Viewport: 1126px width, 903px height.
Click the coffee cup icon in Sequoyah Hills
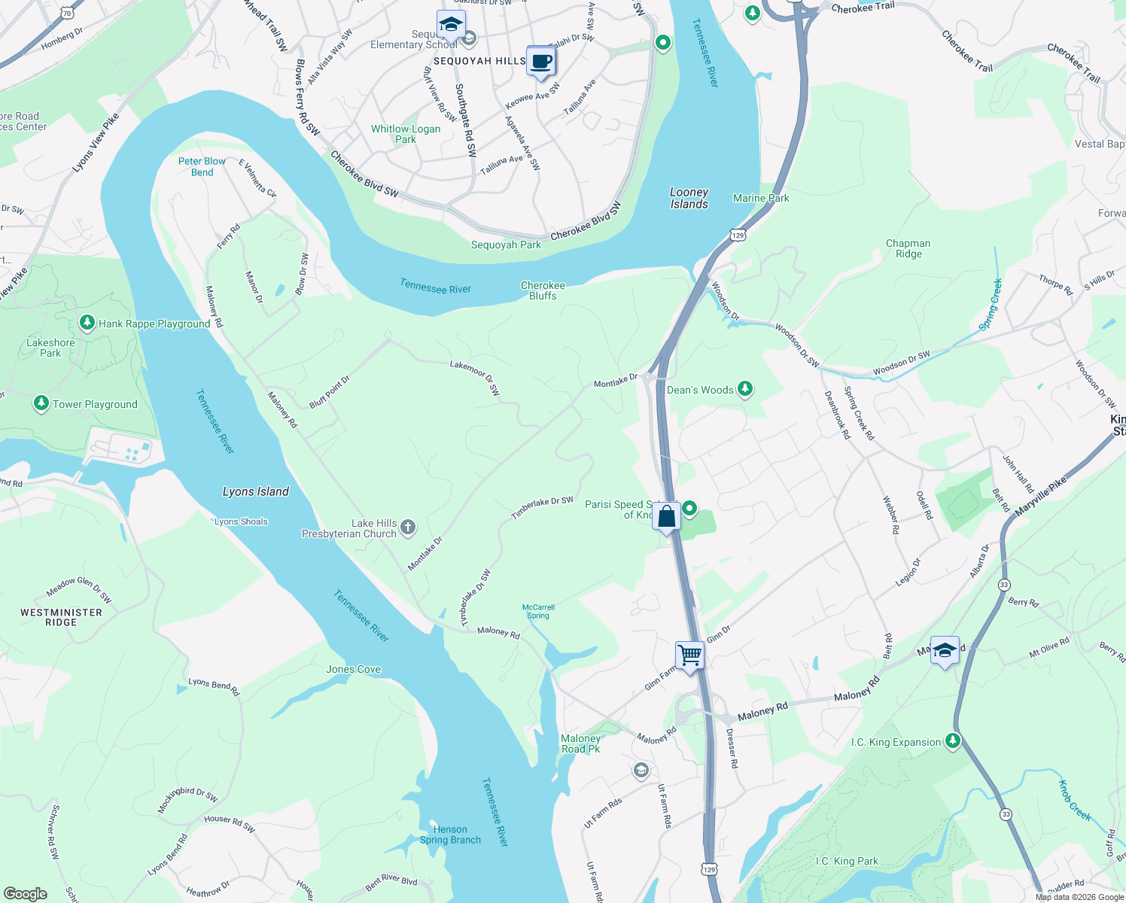540,62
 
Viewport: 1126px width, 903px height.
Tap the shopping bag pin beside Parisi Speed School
666,517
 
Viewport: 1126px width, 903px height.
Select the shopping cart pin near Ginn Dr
689,655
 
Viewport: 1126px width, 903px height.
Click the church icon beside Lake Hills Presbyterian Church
408,527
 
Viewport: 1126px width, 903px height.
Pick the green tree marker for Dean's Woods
744,389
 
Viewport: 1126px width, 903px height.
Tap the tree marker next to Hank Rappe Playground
87,324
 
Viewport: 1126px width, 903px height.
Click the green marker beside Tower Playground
41,404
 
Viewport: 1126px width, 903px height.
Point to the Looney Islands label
689,198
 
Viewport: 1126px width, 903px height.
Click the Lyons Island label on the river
256,491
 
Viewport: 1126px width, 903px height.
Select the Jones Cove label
354,669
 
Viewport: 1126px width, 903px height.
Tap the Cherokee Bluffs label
543,290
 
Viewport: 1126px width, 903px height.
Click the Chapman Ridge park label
908,248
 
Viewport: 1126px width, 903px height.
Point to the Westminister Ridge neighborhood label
61,617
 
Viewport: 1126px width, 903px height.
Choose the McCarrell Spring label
538,611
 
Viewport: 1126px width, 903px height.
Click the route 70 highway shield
67,14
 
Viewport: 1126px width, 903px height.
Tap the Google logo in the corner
26,894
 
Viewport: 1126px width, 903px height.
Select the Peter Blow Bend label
202,166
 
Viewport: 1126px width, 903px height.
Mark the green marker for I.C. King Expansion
953,741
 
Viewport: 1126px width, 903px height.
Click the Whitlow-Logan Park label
406,134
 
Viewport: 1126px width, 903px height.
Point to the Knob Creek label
1075,801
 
